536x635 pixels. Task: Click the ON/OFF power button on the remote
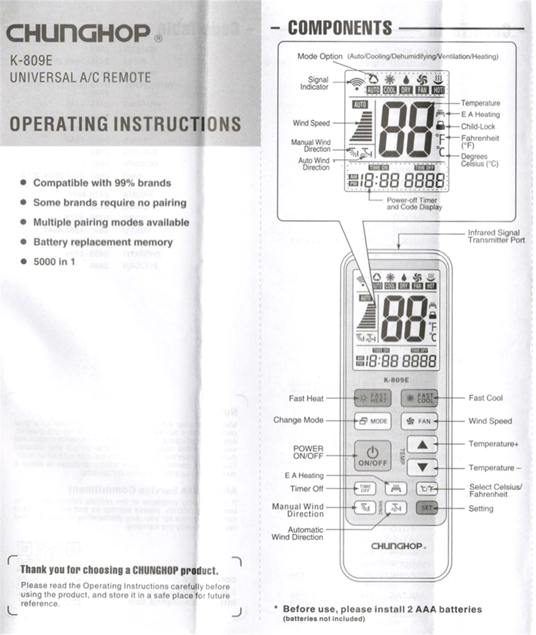[373, 456]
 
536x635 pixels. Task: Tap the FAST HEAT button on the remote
[373, 398]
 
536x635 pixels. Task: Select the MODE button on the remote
[373, 421]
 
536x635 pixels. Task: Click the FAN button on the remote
[419, 421]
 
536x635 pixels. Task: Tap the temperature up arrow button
[422, 444]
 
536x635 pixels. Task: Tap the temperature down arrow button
[422, 467]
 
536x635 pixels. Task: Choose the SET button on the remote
[426, 508]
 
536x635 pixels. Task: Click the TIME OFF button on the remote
[365, 489]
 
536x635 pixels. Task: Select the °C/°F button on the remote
[426, 489]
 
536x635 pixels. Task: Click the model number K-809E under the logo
[31, 60]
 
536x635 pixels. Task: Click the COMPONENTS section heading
[340, 27]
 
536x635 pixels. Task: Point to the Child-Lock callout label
[478, 127]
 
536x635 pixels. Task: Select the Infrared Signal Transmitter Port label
[496, 236]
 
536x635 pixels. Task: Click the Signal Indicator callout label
[314, 83]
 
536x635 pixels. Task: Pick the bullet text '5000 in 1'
[54, 262]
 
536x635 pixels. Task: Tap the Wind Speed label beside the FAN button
[490, 421]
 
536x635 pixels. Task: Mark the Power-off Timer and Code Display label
[414, 204]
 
